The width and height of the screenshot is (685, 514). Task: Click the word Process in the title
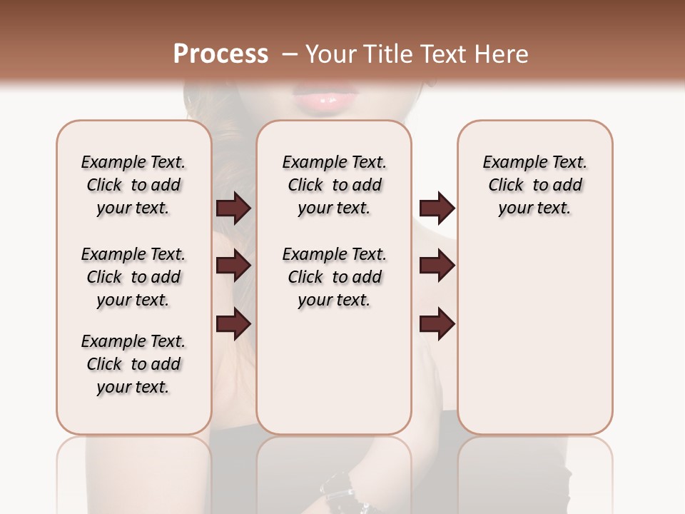pyautogui.click(x=220, y=54)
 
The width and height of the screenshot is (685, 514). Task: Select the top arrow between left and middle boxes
pyautogui.click(x=233, y=208)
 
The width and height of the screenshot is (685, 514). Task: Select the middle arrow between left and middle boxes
pyautogui.click(x=233, y=266)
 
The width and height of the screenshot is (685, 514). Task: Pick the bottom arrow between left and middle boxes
pyautogui.click(x=233, y=324)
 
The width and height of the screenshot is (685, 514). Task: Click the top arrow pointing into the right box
pyautogui.click(x=437, y=208)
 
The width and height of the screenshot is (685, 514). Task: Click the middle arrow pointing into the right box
pyautogui.click(x=437, y=266)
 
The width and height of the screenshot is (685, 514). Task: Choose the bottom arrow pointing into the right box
pyautogui.click(x=437, y=324)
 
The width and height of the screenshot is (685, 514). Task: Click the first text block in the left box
pyautogui.click(x=133, y=185)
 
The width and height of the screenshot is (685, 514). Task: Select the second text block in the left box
pyautogui.click(x=133, y=277)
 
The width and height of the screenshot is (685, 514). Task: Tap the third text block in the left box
pyautogui.click(x=133, y=364)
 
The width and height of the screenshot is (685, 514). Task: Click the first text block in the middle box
pyautogui.click(x=334, y=185)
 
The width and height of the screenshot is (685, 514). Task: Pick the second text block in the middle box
pyautogui.click(x=334, y=277)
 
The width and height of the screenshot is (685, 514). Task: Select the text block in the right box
pyautogui.click(x=534, y=185)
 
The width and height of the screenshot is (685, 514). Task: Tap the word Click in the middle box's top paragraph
pyautogui.click(x=305, y=186)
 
